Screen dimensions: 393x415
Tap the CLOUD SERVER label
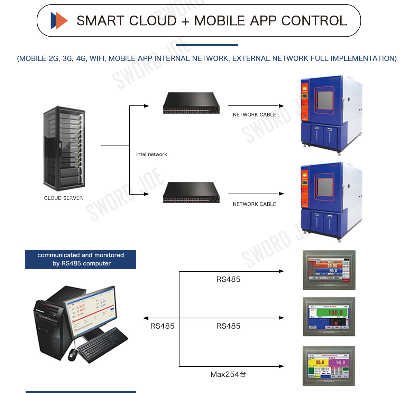tap(63, 198)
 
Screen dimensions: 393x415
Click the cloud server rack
tap(64, 149)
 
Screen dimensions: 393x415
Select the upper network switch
tap(191, 103)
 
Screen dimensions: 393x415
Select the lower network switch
tap(191, 193)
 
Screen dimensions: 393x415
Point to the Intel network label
tap(151, 155)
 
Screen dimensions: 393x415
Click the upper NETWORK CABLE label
tap(254, 115)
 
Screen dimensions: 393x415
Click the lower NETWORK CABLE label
tap(254, 204)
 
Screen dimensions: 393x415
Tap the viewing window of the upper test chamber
tap(325, 100)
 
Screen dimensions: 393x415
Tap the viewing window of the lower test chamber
tap(325, 187)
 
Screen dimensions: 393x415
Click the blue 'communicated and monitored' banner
tap(81, 260)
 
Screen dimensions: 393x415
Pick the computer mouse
tap(73, 354)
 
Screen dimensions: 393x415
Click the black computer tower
tap(48, 325)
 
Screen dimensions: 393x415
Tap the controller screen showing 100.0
tap(329, 317)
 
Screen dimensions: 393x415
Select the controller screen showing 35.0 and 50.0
tap(329, 366)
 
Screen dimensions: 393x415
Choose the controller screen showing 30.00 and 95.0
tap(329, 270)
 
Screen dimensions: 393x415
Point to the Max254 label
tap(228, 374)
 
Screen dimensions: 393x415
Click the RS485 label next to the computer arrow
tap(162, 326)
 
